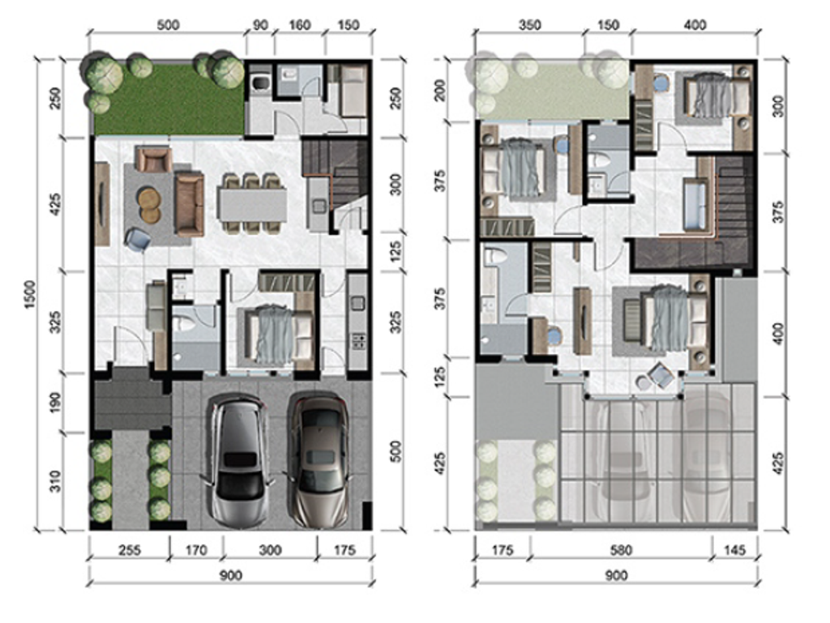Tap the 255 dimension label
pos(129,551)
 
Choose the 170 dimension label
pos(196,551)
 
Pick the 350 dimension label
pos(528,25)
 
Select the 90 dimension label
pos(260,25)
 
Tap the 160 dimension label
pos(299,25)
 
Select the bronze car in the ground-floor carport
pos(319,459)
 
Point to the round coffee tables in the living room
pos(149,204)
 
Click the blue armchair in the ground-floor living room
pos(138,238)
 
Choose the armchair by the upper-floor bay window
pos(661,375)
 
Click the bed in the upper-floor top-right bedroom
pos(714,96)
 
